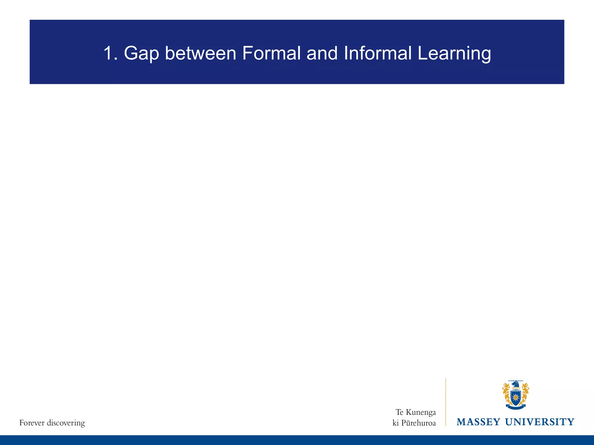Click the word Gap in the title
pyautogui.click(x=141, y=54)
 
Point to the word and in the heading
pyautogui.click(x=322, y=54)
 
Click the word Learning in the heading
pyautogui.click(x=454, y=54)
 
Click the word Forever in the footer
pyautogui.click(x=32, y=423)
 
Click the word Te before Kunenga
pyautogui.click(x=399, y=412)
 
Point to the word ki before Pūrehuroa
pyautogui.click(x=396, y=423)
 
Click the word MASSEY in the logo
pyautogui.click(x=479, y=422)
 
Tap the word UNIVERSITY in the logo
pyautogui.click(x=540, y=422)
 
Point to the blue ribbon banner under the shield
pyautogui.click(x=516, y=407)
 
